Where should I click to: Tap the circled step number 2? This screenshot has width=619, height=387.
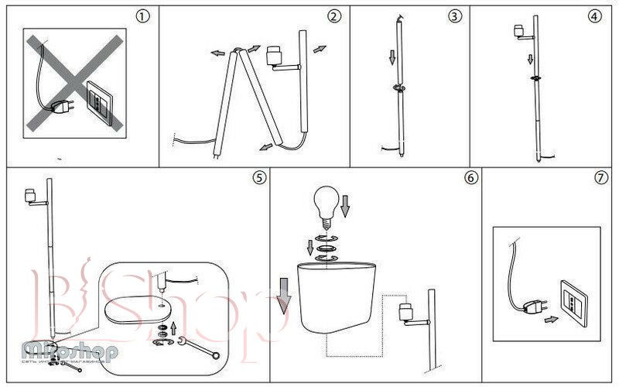click(x=334, y=16)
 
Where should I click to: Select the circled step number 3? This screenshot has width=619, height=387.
click(x=454, y=16)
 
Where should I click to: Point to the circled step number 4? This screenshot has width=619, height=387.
click(x=593, y=16)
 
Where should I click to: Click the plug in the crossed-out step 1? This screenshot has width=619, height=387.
click(x=60, y=110)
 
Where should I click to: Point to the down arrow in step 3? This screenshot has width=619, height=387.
click(x=392, y=58)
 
